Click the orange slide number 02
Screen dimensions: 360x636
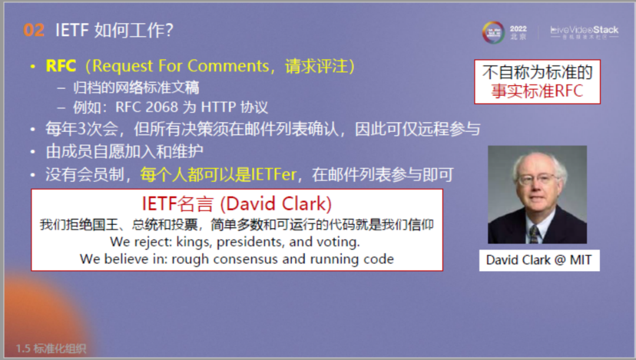[34, 30]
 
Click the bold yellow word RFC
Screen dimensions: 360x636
[61, 66]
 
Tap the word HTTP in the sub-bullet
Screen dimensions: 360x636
[218, 107]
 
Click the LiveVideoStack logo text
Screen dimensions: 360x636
[584, 29]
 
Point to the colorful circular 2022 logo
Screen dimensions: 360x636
[493, 32]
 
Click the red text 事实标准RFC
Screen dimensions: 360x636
[537, 91]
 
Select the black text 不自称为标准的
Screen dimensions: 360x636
[537, 72]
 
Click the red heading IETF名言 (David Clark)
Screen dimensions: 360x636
[237, 204]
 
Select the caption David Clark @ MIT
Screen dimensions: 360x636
[539, 259]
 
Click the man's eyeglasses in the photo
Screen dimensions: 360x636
[536, 179]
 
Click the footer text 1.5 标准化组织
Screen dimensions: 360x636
[51, 348]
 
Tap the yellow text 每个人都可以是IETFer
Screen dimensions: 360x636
[218, 175]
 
